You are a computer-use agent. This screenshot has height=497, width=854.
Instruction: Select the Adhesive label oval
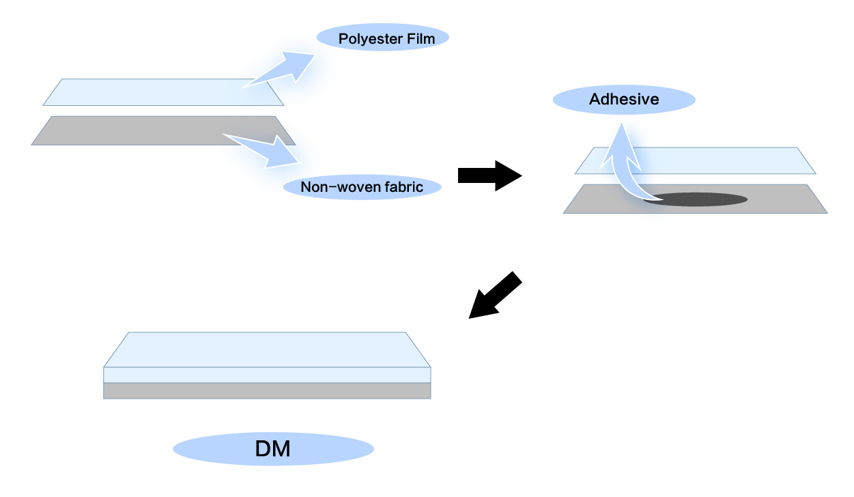click(x=623, y=100)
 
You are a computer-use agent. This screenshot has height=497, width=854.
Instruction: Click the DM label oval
click(x=273, y=449)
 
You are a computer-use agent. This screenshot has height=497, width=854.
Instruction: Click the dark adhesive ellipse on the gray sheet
click(x=696, y=199)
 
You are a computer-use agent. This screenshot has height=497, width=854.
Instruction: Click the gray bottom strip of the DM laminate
click(x=266, y=390)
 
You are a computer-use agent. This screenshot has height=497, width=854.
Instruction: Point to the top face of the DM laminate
click(x=266, y=350)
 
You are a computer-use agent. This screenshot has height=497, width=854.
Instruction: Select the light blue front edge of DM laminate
click(x=266, y=375)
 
